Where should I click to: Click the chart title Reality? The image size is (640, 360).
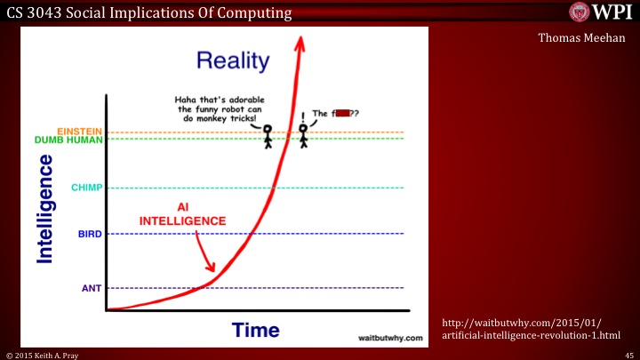point(233,60)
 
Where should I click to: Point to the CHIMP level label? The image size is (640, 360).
point(88,188)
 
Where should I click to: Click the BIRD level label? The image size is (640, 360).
point(91,234)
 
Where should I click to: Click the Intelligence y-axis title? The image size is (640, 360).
point(45,208)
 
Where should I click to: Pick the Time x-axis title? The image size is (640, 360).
point(255,331)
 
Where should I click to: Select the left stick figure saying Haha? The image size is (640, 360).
point(268,136)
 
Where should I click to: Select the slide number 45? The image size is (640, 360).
point(628,354)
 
